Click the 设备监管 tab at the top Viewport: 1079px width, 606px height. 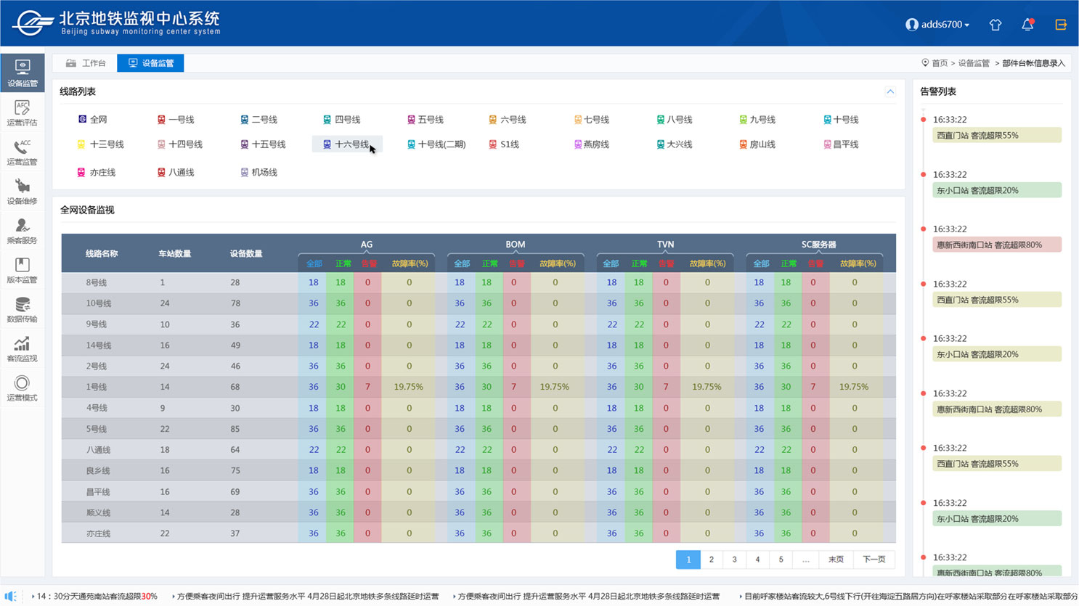click(x=150, y=63)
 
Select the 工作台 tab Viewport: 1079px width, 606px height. click(x=86, y=63)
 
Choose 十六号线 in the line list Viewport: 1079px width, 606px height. click(x=346, y=144)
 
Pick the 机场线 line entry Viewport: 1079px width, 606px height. click(x=259, y=173)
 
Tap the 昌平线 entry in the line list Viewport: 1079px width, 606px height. click(x=841, y=144)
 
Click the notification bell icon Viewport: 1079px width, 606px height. click(x=1027, y=25)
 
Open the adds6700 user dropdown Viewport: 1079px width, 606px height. click(x=937, y=25)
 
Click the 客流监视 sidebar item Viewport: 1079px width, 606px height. click(x=23, y=349)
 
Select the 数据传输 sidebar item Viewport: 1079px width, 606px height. click(x=23, y=310)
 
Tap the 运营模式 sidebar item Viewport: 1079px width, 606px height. click(x=23, y=388)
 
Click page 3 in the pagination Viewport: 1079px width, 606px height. click(x=734, y=560)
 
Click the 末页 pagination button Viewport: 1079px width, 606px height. click(x=836, y=560)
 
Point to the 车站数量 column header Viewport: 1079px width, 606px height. click(x=175, y=254)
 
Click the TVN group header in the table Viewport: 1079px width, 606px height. click(x=665, y=245)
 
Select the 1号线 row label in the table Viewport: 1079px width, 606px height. click(x=97, y=388)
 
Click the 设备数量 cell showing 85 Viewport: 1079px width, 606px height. click(x=235, y=429)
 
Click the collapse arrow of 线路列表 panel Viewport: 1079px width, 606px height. click(x=890, y=92)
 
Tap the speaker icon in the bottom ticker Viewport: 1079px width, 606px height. click(x=10, y=596)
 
